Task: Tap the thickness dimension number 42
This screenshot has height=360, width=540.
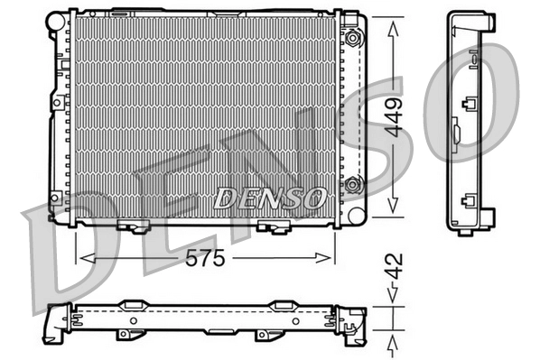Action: coord(391,266)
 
